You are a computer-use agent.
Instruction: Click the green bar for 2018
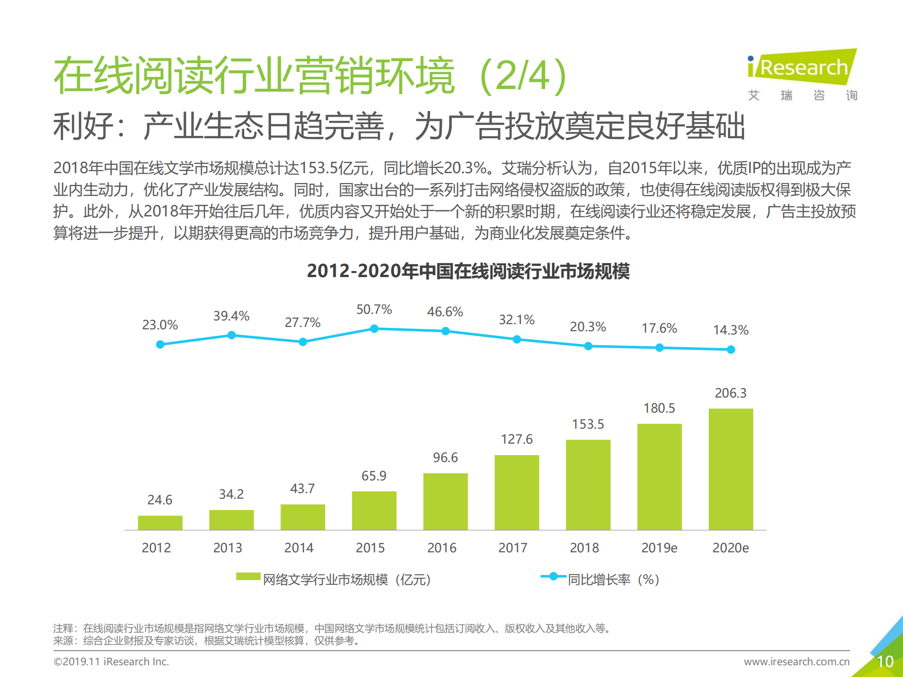pyautogui.click(x=588, y=485)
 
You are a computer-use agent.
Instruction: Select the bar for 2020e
pyautogui.click(x=730, y=469)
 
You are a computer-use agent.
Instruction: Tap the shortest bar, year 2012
pyautogui.click(x=160, y=523)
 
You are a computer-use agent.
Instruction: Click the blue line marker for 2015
pyautogui.click(x=374, y=328)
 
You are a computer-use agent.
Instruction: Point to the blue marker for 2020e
pyautogui.click(x=730, y=350)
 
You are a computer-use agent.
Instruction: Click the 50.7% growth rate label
pyautogui.click(x=374, y=310)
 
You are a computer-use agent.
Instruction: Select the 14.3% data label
pyautogui.click(x=730, y=330)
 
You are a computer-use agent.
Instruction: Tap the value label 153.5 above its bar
pyautogui.click(x=588, y=424)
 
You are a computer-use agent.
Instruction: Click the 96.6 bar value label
pyautogui.click(x=445, y=457)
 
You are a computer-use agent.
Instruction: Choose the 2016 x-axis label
pyautogui.click(x=441, y=548)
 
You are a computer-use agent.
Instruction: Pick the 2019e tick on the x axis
pyautogui.click(x=659, y=548)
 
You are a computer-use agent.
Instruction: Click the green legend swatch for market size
pyautogui.click(x=248, y=577)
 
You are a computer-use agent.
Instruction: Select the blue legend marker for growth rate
pyautogui.click(x=553, y=576)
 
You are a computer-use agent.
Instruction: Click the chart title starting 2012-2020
pyautogui.click(x=468, y=271)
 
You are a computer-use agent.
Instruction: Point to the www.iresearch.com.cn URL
pyautogui.click(x=796, y=662)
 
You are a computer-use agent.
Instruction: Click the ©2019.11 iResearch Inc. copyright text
pyautogui.click(x=111, y=662)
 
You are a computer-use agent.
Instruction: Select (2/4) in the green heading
pyautogui.click(x=522, y=75)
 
